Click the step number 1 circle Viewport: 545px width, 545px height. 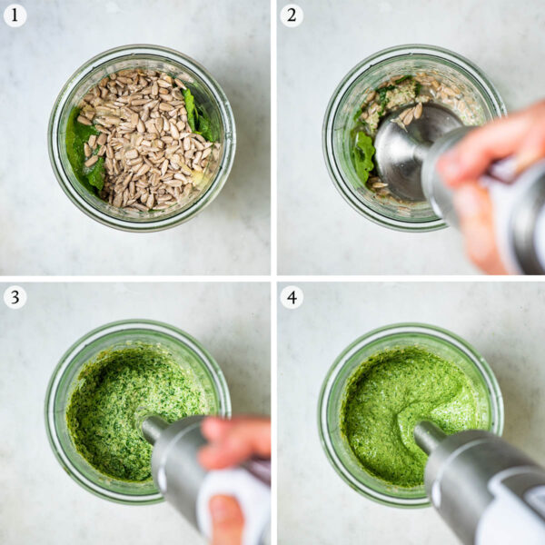15,15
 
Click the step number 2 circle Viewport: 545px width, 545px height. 292,15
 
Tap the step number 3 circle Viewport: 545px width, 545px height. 15,297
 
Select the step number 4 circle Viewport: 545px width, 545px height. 292,297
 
